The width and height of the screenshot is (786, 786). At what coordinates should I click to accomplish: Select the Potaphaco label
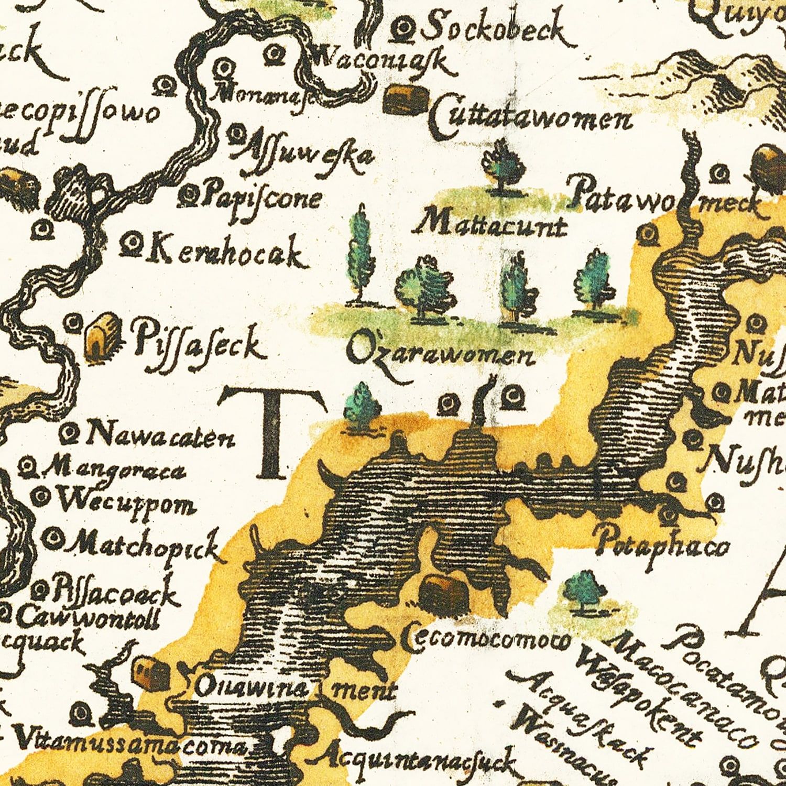click(663, 547)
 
